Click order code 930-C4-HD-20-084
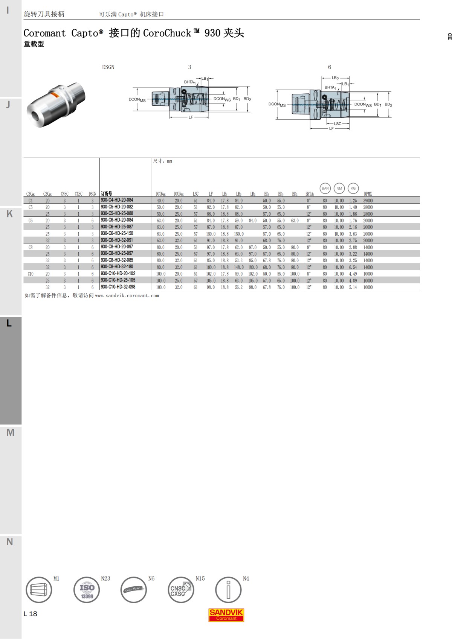pos(117,200)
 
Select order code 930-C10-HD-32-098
pos(118,287)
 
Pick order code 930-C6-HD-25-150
pos(117,233)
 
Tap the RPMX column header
pos(368,194)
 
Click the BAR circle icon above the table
pos(325,188)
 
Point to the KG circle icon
pos(353,188)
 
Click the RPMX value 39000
pos(368,201)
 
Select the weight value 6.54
pos(353,268)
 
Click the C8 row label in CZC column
pos(31,248)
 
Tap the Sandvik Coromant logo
pos(226,615)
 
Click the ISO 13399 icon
pos(87,590)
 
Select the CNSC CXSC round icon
pos(180,590)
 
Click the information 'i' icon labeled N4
pos(228,590)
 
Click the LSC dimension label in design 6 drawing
pos(337,123)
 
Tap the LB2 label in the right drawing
pos(335,78)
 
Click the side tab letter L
pos(9,323)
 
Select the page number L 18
pos(31,614)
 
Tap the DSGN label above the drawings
pos(108,67)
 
